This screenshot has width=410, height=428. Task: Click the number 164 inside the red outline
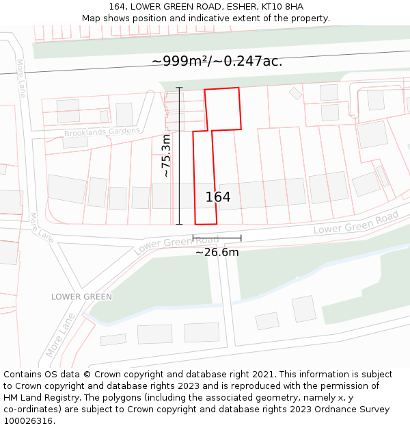218,197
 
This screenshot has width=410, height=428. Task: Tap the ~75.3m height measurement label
166,156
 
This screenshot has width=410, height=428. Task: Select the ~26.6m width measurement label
217,252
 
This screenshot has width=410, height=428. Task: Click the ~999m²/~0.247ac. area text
217,61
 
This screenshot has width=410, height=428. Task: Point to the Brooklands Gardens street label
102,131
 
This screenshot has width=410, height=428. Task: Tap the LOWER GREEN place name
81,297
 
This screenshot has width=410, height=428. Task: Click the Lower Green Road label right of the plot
355,223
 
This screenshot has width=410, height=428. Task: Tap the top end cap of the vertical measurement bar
180,88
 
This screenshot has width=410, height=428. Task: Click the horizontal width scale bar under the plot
217,238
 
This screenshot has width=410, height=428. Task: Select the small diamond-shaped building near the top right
295,92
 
